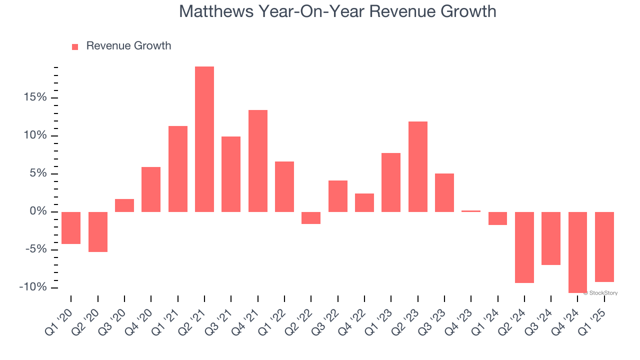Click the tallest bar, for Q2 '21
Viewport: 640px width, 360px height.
204,139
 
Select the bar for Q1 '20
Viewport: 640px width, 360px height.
71,228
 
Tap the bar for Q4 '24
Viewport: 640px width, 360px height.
577,252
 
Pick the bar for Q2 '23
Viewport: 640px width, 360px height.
417,166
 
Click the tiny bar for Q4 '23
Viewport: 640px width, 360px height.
471,211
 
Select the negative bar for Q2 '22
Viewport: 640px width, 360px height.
311,218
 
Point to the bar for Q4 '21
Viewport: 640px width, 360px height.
257,161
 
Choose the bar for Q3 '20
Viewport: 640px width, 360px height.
124,205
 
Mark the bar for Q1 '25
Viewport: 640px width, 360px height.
604,247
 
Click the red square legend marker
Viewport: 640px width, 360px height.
75,47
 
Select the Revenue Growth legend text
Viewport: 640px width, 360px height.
128,46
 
